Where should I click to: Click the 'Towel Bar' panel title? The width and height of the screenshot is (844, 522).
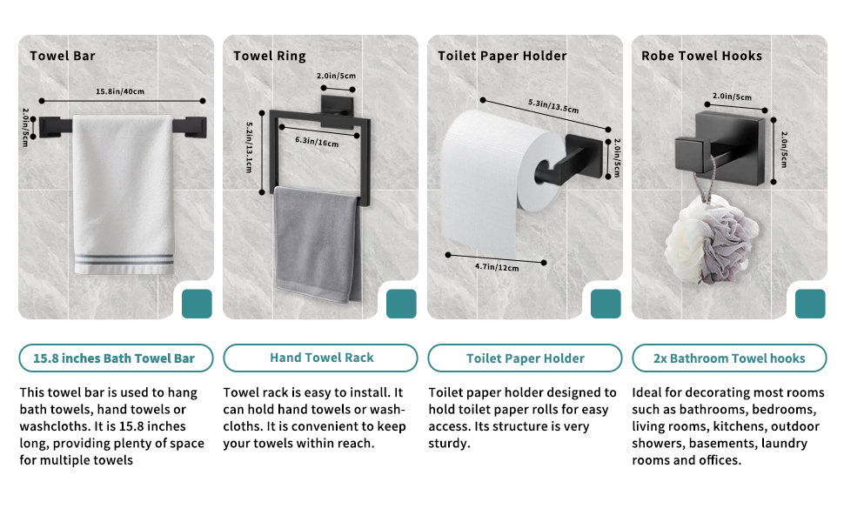point(63,56)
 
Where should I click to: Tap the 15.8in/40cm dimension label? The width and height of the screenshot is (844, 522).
point(120,91)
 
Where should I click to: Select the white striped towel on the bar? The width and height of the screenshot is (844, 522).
point(124,194)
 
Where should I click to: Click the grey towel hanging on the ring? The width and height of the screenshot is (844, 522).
point(316,244)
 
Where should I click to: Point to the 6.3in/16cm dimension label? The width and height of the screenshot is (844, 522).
point(317,142)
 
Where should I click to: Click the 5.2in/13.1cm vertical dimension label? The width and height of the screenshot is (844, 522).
point(249,147)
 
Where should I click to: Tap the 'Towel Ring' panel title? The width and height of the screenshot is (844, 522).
point(270,56)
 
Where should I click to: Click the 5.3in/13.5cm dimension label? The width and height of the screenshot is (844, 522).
point(553,106)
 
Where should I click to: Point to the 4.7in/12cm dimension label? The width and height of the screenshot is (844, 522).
point(497,267)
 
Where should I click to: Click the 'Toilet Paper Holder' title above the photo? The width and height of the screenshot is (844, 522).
point(502,56)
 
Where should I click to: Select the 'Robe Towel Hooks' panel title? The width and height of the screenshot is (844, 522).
point(702,56)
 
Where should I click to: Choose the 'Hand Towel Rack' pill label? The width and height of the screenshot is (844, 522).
point(321,358)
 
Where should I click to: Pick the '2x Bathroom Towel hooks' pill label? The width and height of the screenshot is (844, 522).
point(729,358)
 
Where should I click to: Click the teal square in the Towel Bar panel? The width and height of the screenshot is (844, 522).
point(197,304)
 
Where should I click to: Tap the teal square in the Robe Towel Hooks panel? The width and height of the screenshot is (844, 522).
point(810,304)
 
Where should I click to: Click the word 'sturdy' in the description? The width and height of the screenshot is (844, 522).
point(448,444)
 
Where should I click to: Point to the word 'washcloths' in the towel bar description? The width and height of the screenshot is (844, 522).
point(54,426)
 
